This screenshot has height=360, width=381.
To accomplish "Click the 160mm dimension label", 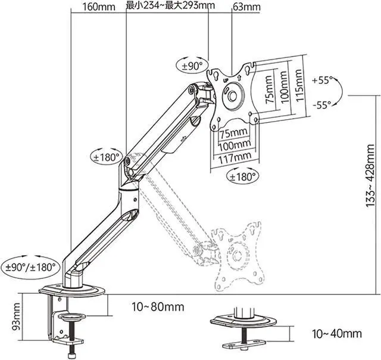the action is (99, 7).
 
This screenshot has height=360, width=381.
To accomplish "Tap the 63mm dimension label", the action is (246, 7).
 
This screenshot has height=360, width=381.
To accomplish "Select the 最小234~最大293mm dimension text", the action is (170, 5).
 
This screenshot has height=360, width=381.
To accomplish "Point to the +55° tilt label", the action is (323, 80).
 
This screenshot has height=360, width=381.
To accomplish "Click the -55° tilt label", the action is (322, 105).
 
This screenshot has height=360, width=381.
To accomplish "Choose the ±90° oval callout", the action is (192, 66).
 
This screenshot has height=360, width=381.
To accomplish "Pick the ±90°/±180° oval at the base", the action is (30, 268).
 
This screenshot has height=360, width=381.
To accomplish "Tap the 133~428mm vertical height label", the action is (370, 175).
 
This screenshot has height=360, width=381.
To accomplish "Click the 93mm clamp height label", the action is (16, 316).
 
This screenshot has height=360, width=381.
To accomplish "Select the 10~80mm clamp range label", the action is (158, 307).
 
